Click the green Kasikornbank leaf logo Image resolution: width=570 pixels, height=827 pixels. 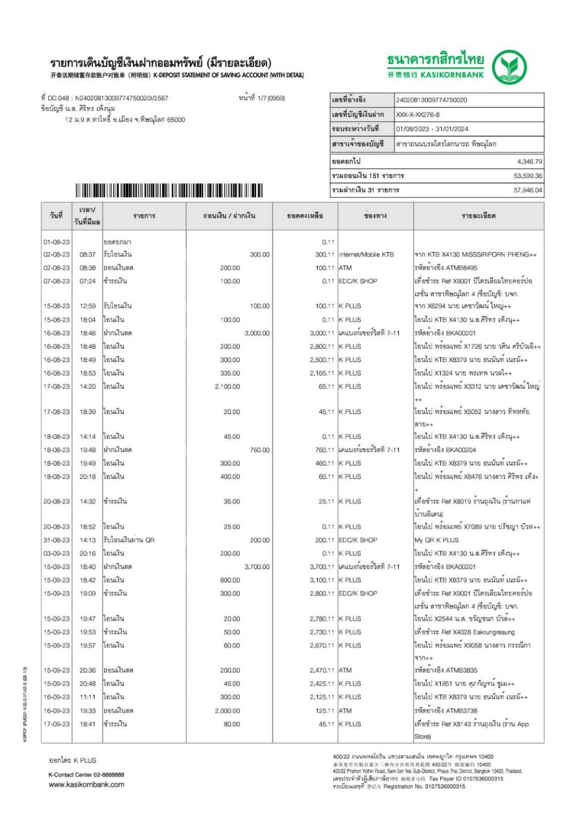509,67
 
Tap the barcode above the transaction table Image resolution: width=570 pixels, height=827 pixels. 169,191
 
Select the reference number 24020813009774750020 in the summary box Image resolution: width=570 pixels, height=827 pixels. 431,100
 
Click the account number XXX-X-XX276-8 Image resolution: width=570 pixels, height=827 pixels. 417,115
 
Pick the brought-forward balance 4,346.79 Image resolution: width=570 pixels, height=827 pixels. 529,161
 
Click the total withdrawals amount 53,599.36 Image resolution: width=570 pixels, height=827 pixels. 527,176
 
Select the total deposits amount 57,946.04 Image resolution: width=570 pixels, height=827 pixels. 527,191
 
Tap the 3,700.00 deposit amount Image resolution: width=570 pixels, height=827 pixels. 257,567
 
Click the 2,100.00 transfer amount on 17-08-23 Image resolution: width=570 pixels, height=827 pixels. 227,387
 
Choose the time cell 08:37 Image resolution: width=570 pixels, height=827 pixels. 87,255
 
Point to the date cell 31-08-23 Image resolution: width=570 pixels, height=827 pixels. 56,540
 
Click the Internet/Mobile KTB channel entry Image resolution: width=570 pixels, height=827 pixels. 366,255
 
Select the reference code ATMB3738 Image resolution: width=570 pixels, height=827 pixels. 461,711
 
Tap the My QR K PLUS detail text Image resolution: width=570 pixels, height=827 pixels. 436,540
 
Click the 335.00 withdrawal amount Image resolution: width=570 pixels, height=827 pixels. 230,373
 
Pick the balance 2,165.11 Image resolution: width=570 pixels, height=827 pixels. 322,373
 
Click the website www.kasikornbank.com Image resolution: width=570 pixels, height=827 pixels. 86,785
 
